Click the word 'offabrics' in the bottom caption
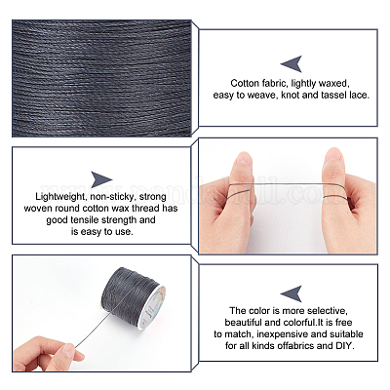pos(295,345)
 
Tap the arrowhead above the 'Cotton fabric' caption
pos(292,63)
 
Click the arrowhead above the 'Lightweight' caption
pos(101,179)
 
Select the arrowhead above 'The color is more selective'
pos(292,293)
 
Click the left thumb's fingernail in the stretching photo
pos(244,160)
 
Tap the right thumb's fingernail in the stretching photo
pos(332,155)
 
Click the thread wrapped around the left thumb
pos(240,191)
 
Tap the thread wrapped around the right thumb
pos(335,192)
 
